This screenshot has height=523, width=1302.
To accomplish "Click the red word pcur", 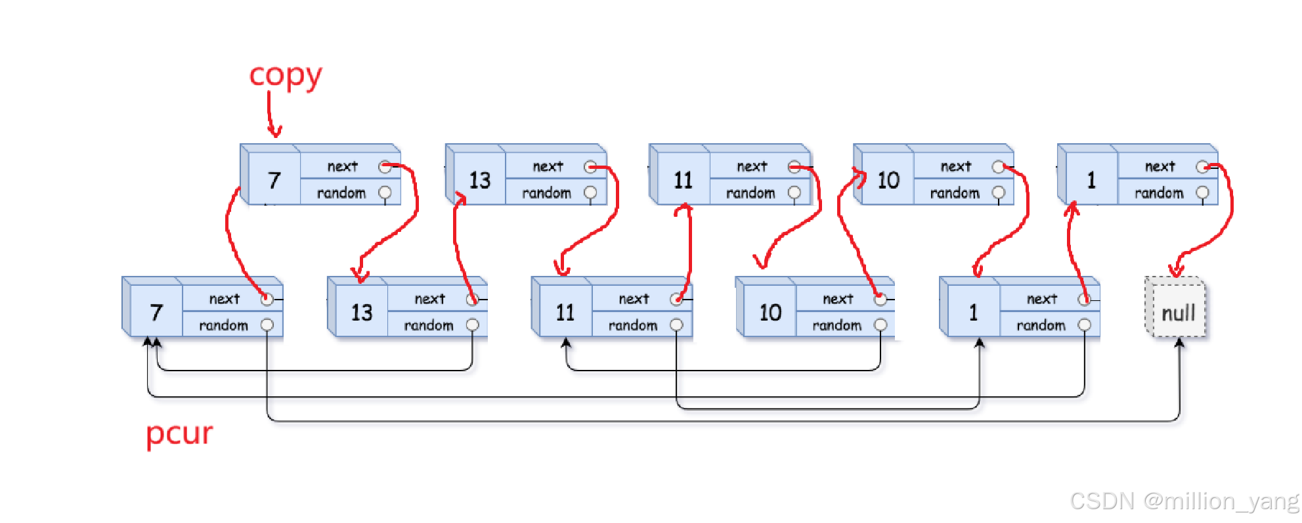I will (179, 434).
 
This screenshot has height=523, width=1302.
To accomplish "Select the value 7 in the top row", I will (274, 180).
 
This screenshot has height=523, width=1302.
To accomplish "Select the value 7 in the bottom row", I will (156, 312).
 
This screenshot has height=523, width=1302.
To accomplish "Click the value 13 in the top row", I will (479, 180).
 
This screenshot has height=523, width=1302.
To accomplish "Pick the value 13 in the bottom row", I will (361, 312).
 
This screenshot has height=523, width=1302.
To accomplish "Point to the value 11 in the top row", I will (683, 180).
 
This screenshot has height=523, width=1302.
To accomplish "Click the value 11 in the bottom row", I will (565, 312).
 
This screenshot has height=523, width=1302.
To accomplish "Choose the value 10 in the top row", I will (888, 180).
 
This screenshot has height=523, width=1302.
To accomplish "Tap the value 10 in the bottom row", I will (770, 312).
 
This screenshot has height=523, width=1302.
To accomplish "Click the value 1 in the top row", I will (1091, 180).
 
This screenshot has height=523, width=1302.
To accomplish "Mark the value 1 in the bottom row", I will (973, 312).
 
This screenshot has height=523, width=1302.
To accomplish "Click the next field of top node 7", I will (343, 166).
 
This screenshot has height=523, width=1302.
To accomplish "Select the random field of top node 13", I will (546, 193).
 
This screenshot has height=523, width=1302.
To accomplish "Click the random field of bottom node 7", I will (224, 325).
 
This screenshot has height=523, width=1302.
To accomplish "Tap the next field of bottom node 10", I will (838, 299).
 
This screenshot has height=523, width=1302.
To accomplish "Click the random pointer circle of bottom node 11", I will (676, 325).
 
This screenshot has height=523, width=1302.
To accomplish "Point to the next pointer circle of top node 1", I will (1202, 167).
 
